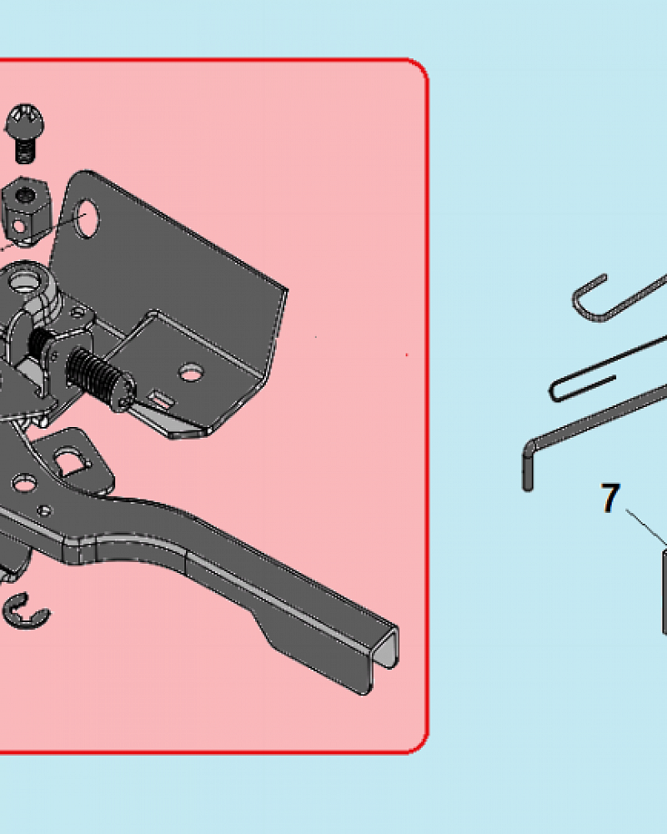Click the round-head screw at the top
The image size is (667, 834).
pyautogui.click(x=24, y=133)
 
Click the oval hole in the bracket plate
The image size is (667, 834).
pyautogui.click(x=87, y=218)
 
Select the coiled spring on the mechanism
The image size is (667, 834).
pyautogui.click(x=98, y=374)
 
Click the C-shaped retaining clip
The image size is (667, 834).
pyautogui.click(x=25, y=610)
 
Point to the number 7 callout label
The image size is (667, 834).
pyautogui.click(x=610, y=498)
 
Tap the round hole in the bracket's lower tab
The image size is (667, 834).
pyautogui.click(x=190, y=373)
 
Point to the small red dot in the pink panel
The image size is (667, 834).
pyautogui.click(x=407, y=354)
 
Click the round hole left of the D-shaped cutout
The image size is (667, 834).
pyautogui.click(x=23, y=484)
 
